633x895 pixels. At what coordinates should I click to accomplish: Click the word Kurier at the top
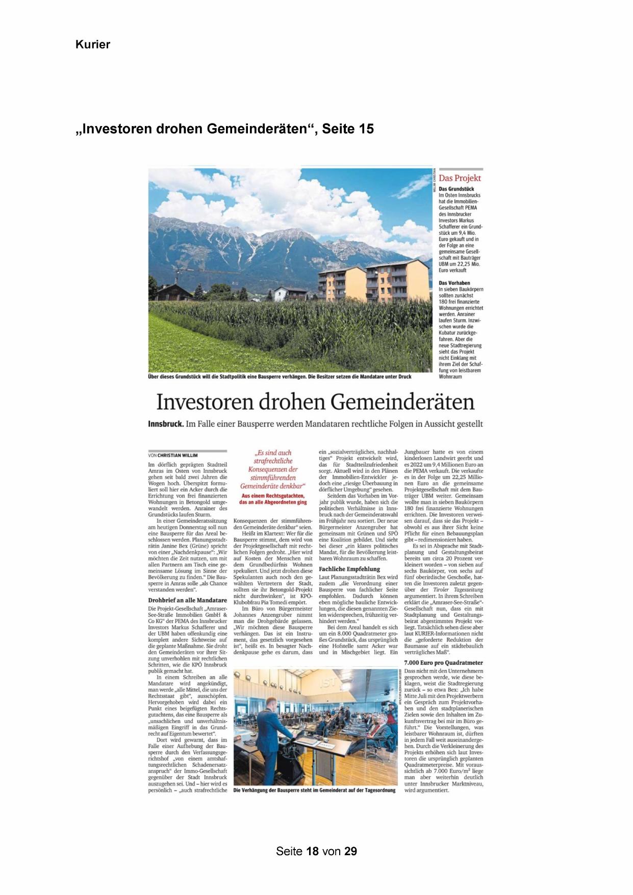tap(93, 45)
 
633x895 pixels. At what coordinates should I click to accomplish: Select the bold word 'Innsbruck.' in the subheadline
tap(165, 424)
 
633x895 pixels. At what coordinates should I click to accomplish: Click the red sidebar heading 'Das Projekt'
tap(460, 178)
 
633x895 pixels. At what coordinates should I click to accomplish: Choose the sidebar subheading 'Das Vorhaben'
tap(454, 283)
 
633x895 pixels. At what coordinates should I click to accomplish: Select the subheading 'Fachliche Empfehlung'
tap(349, 568)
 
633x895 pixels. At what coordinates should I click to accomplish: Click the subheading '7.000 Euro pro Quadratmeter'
tap(443, 662)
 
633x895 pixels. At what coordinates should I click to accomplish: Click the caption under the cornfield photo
tap(280, 377)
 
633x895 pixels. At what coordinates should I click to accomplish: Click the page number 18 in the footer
tap(313, 851)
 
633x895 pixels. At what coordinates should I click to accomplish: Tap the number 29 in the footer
tap(350, 851)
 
